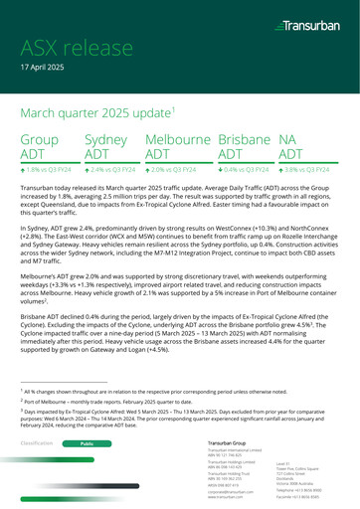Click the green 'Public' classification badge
coord(87,442)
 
